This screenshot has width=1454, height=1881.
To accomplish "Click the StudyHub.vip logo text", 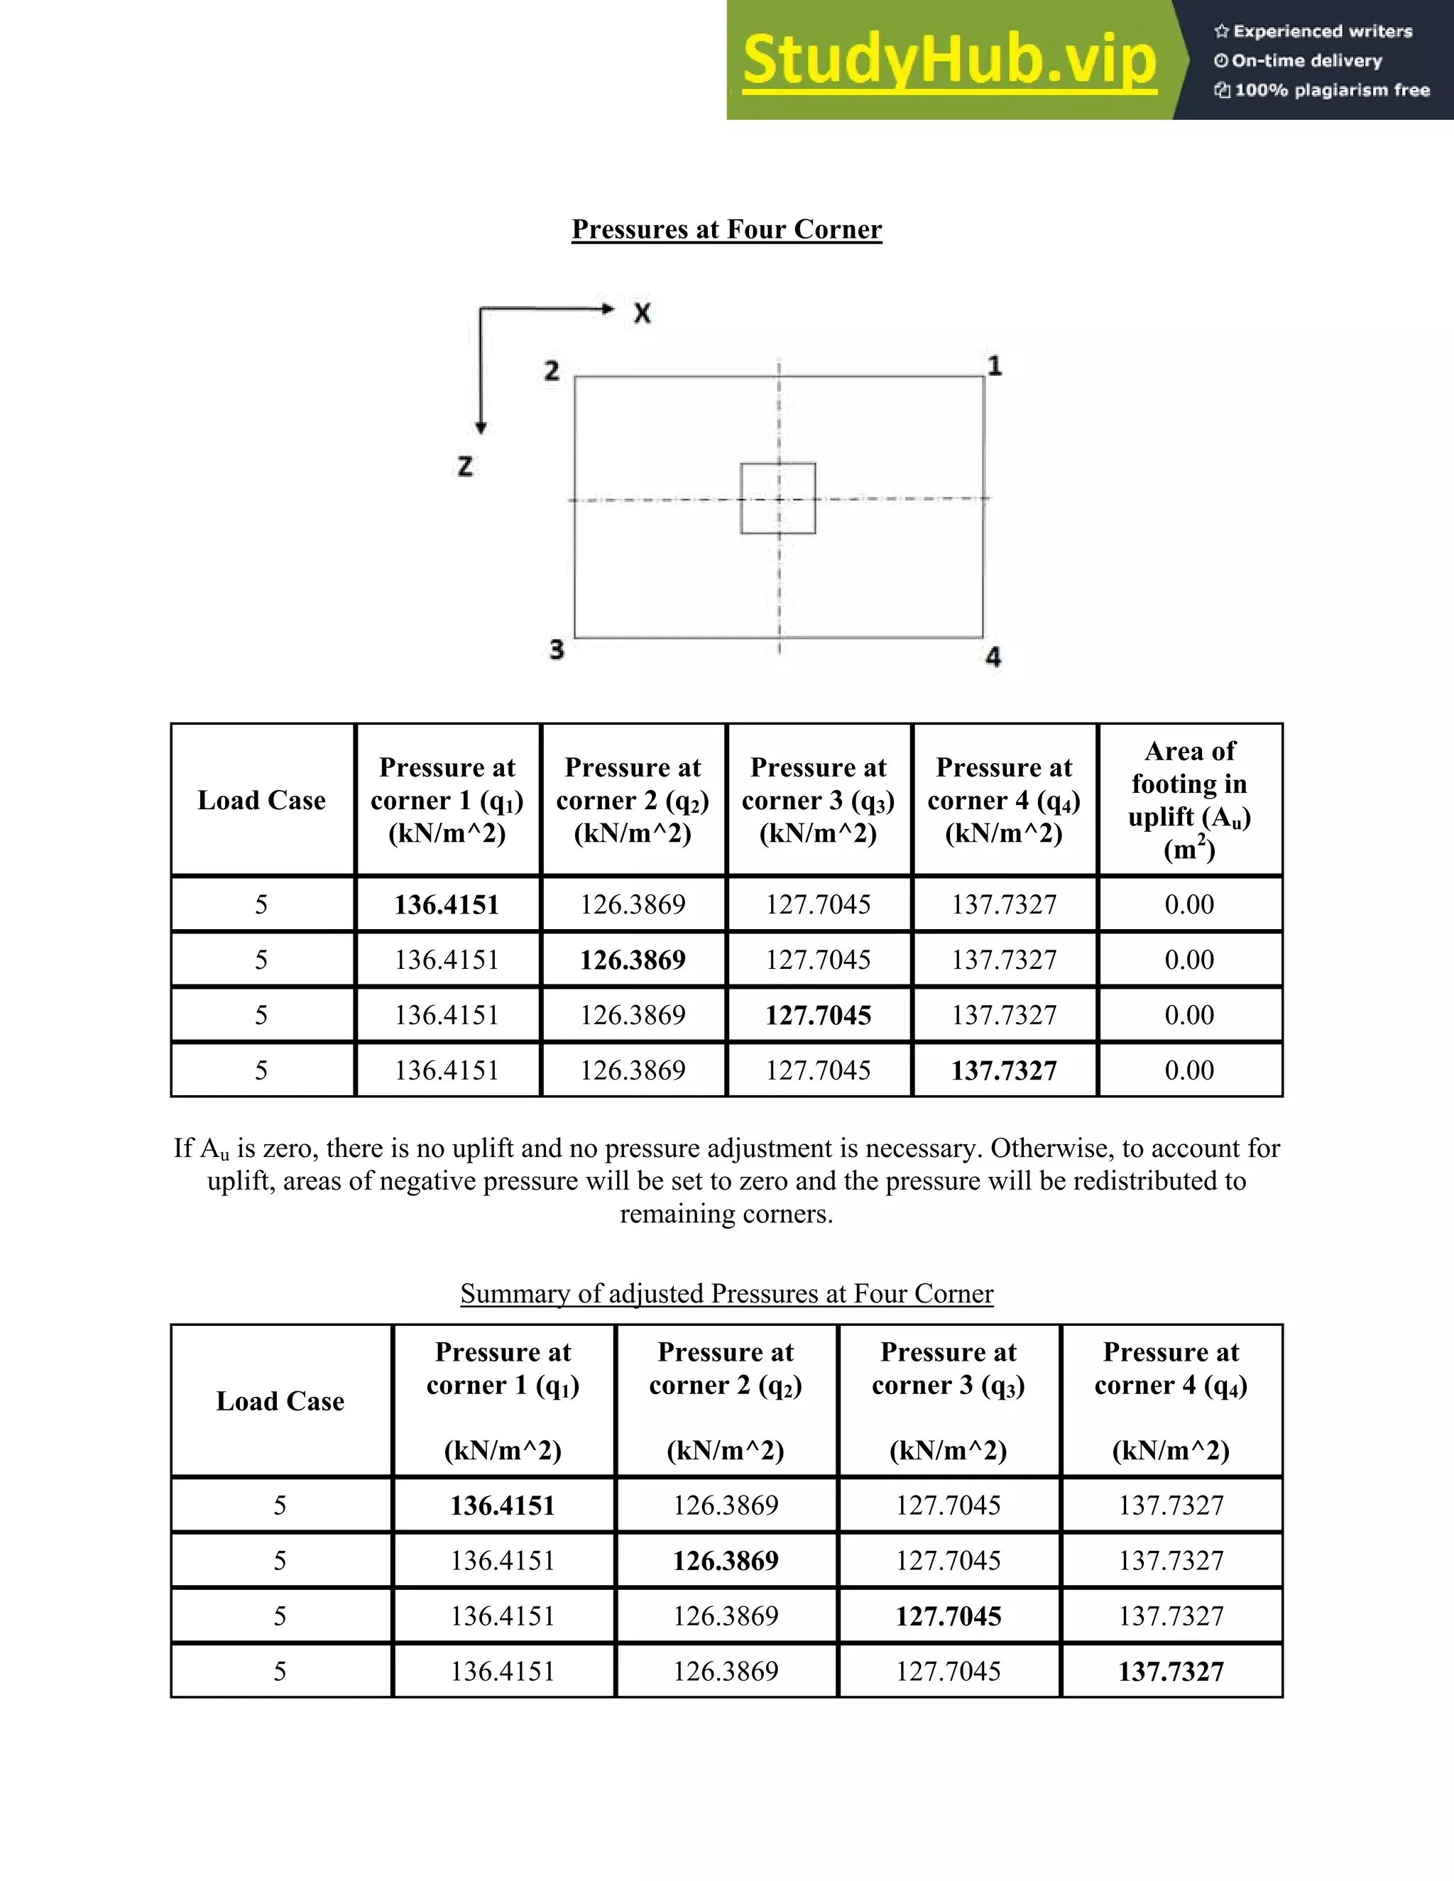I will pos(949,60).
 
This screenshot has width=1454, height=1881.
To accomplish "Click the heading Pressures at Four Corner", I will pos(726,229).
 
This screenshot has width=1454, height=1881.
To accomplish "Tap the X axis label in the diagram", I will pos(642,314).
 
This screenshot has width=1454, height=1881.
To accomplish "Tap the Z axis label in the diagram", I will pos(465,467).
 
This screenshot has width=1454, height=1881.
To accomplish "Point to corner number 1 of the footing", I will pos(994,366).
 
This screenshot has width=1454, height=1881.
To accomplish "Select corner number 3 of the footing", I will pos(557,649).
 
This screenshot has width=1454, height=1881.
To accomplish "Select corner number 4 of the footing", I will pos(993,657).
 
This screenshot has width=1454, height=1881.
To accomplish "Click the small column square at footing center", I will pos(778,499).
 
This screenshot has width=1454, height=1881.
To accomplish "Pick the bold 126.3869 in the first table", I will pos(633,960).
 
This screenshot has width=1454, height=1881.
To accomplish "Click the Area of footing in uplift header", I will pos(1190,799).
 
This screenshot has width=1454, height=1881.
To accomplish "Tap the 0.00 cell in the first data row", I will pos(1190,904).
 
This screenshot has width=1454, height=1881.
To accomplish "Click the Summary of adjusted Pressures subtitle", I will pos(726,1293).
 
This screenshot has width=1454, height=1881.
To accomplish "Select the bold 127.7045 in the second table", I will pos(949,1616).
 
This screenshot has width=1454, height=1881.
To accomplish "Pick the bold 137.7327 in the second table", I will pos(1171,1671).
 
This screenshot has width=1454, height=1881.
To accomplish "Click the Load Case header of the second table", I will pos(280,1401).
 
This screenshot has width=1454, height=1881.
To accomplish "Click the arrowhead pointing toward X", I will pos(608,308).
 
